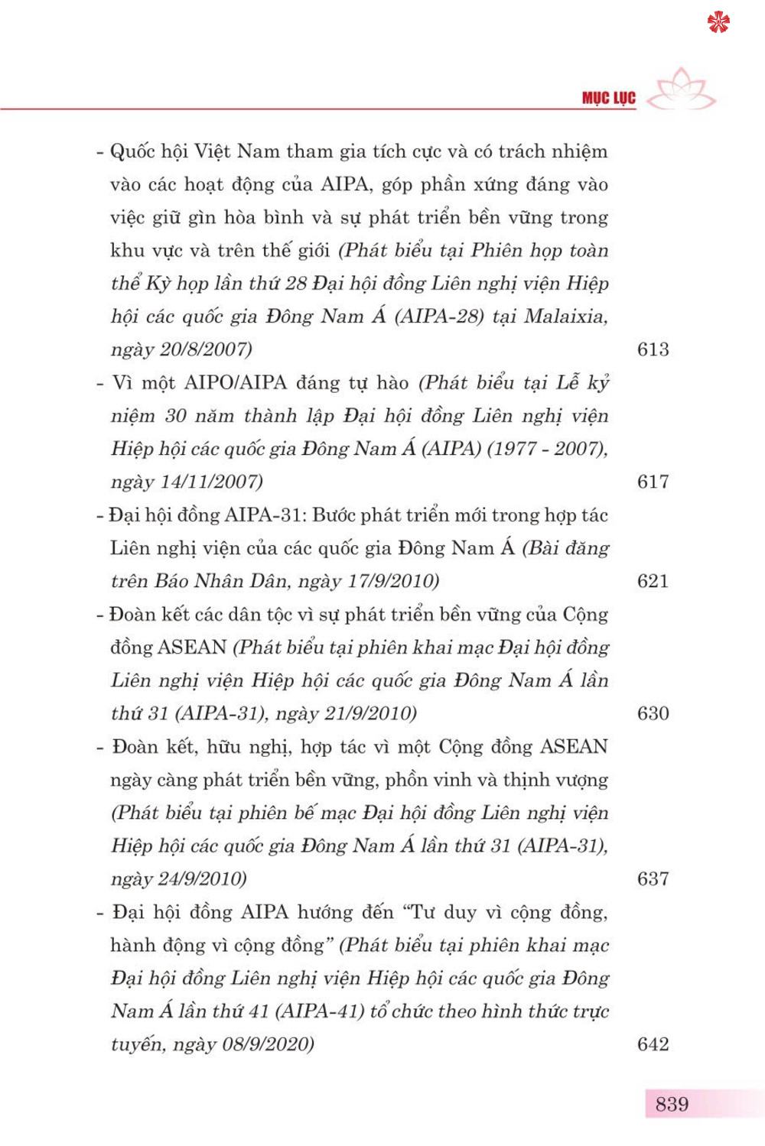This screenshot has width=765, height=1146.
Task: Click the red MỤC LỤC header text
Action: tap(608, 99)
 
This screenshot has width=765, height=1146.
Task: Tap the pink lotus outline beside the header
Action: tap(684, 90)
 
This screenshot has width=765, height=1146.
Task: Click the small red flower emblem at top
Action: tap(718, 22)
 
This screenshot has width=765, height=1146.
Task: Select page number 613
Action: tap(653, 349)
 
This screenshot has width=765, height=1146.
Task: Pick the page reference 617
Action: tap(653, 482)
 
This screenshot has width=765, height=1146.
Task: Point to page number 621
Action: tap(653, 581)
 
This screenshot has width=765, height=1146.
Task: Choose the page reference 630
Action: tap(653, 713)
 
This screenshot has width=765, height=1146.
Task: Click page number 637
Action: tap(653, 878)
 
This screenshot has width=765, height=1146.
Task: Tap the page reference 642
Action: tap(653, 1044)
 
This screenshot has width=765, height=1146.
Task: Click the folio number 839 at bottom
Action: tap(672, 1104)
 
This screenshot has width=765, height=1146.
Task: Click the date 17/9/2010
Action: tap(390, 581)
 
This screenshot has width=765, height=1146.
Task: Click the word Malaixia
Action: tap(565, 316)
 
